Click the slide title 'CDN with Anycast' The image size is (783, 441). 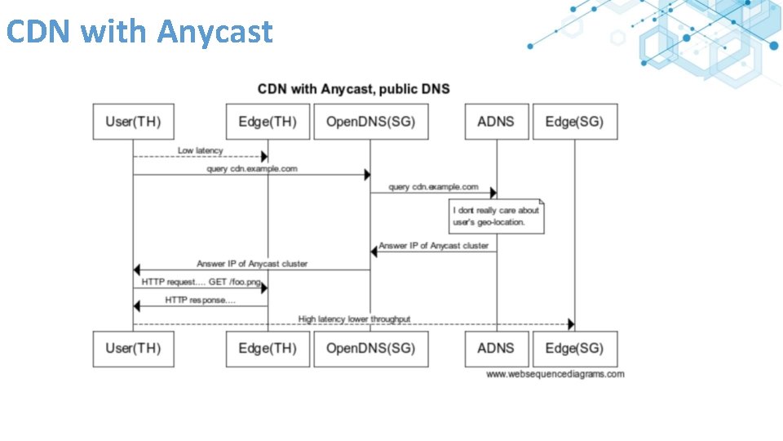click(x=139, y=32)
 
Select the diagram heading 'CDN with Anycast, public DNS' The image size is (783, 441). click(x=353, y=88)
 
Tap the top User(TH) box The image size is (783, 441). click(x=133, y=122)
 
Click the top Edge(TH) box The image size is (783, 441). click(x=268, y=122)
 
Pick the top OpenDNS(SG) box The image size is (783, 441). click(x=370, y=122)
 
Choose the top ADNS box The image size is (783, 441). click(x=496, y=122)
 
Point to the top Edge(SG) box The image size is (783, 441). click(x=574, y=122)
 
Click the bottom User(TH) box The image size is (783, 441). click(x=133, y=349)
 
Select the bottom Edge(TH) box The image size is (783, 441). click(x=268, y=349)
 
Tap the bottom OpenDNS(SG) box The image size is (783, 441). click(x=370, y=349)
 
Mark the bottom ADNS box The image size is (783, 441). click(x=496, y=349)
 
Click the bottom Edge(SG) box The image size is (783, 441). click(x=574, y=349)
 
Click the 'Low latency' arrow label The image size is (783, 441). click(x=200, y=150)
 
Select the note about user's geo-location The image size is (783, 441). click(x=496, y=216)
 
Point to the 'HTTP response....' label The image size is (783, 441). click(x=200, y=300)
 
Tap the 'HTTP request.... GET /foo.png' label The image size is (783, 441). click(x=201, y=282)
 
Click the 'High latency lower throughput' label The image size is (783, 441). click(x=354, y=318)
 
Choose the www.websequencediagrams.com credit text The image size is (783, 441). click(x=555, y=374)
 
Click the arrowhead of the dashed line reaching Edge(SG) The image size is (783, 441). click(x=570, y=324)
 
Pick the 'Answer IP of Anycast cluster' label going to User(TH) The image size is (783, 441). click(x=252, y=264)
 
